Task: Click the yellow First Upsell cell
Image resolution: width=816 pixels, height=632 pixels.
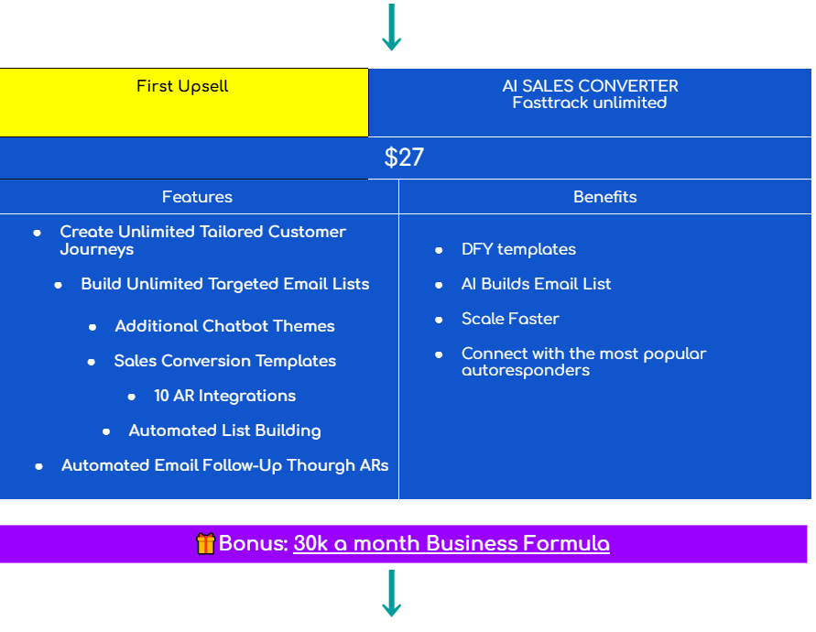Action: tap(183, 102)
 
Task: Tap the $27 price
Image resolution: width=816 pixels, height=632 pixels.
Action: tap(404, 158)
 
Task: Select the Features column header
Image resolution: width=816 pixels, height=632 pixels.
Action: tap(197, 197)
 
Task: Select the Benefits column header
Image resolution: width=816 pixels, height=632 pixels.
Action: tap(604, 197)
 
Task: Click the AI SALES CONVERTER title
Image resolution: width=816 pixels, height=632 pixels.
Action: tap(590, 86)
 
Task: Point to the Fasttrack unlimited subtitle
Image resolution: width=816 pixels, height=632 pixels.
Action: tap(590, 103)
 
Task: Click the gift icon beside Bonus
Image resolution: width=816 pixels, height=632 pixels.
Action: tap(206, 544)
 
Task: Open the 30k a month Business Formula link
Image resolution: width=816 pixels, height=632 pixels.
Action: tap(451, 544)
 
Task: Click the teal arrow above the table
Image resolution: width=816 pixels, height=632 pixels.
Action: tap(391, 27)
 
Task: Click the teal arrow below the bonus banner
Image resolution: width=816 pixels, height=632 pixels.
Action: tap(391, 593)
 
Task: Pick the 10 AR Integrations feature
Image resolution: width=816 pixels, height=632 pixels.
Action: tap(224, 396)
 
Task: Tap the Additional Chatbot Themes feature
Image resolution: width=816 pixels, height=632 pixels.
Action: tap(224, 326)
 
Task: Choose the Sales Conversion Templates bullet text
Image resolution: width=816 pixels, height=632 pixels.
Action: tap(224, 361)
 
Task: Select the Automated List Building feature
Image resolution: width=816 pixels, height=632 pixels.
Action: tap(224, 430)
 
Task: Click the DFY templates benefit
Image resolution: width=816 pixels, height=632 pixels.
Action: tap(518, 249)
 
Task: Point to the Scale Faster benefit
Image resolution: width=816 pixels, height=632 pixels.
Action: tap(510, 319)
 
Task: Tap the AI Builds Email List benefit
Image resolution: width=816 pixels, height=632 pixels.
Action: tap(536, 284)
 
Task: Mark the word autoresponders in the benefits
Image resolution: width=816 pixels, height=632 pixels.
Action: tap(526, 370)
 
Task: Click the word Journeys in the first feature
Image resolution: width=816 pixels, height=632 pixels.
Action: tap(97, 249)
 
